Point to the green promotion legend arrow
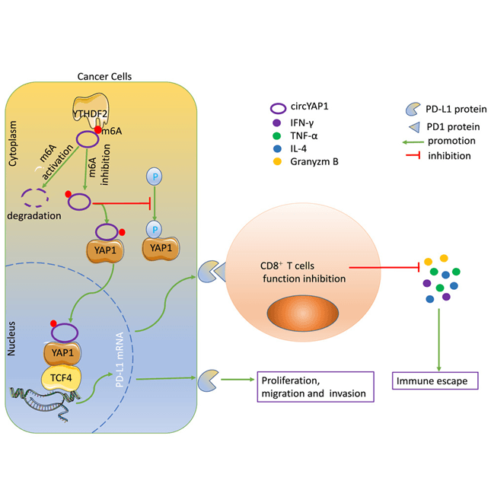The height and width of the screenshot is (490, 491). (x=418, y=141)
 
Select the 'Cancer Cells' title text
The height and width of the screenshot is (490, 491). (x=105, y=75)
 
